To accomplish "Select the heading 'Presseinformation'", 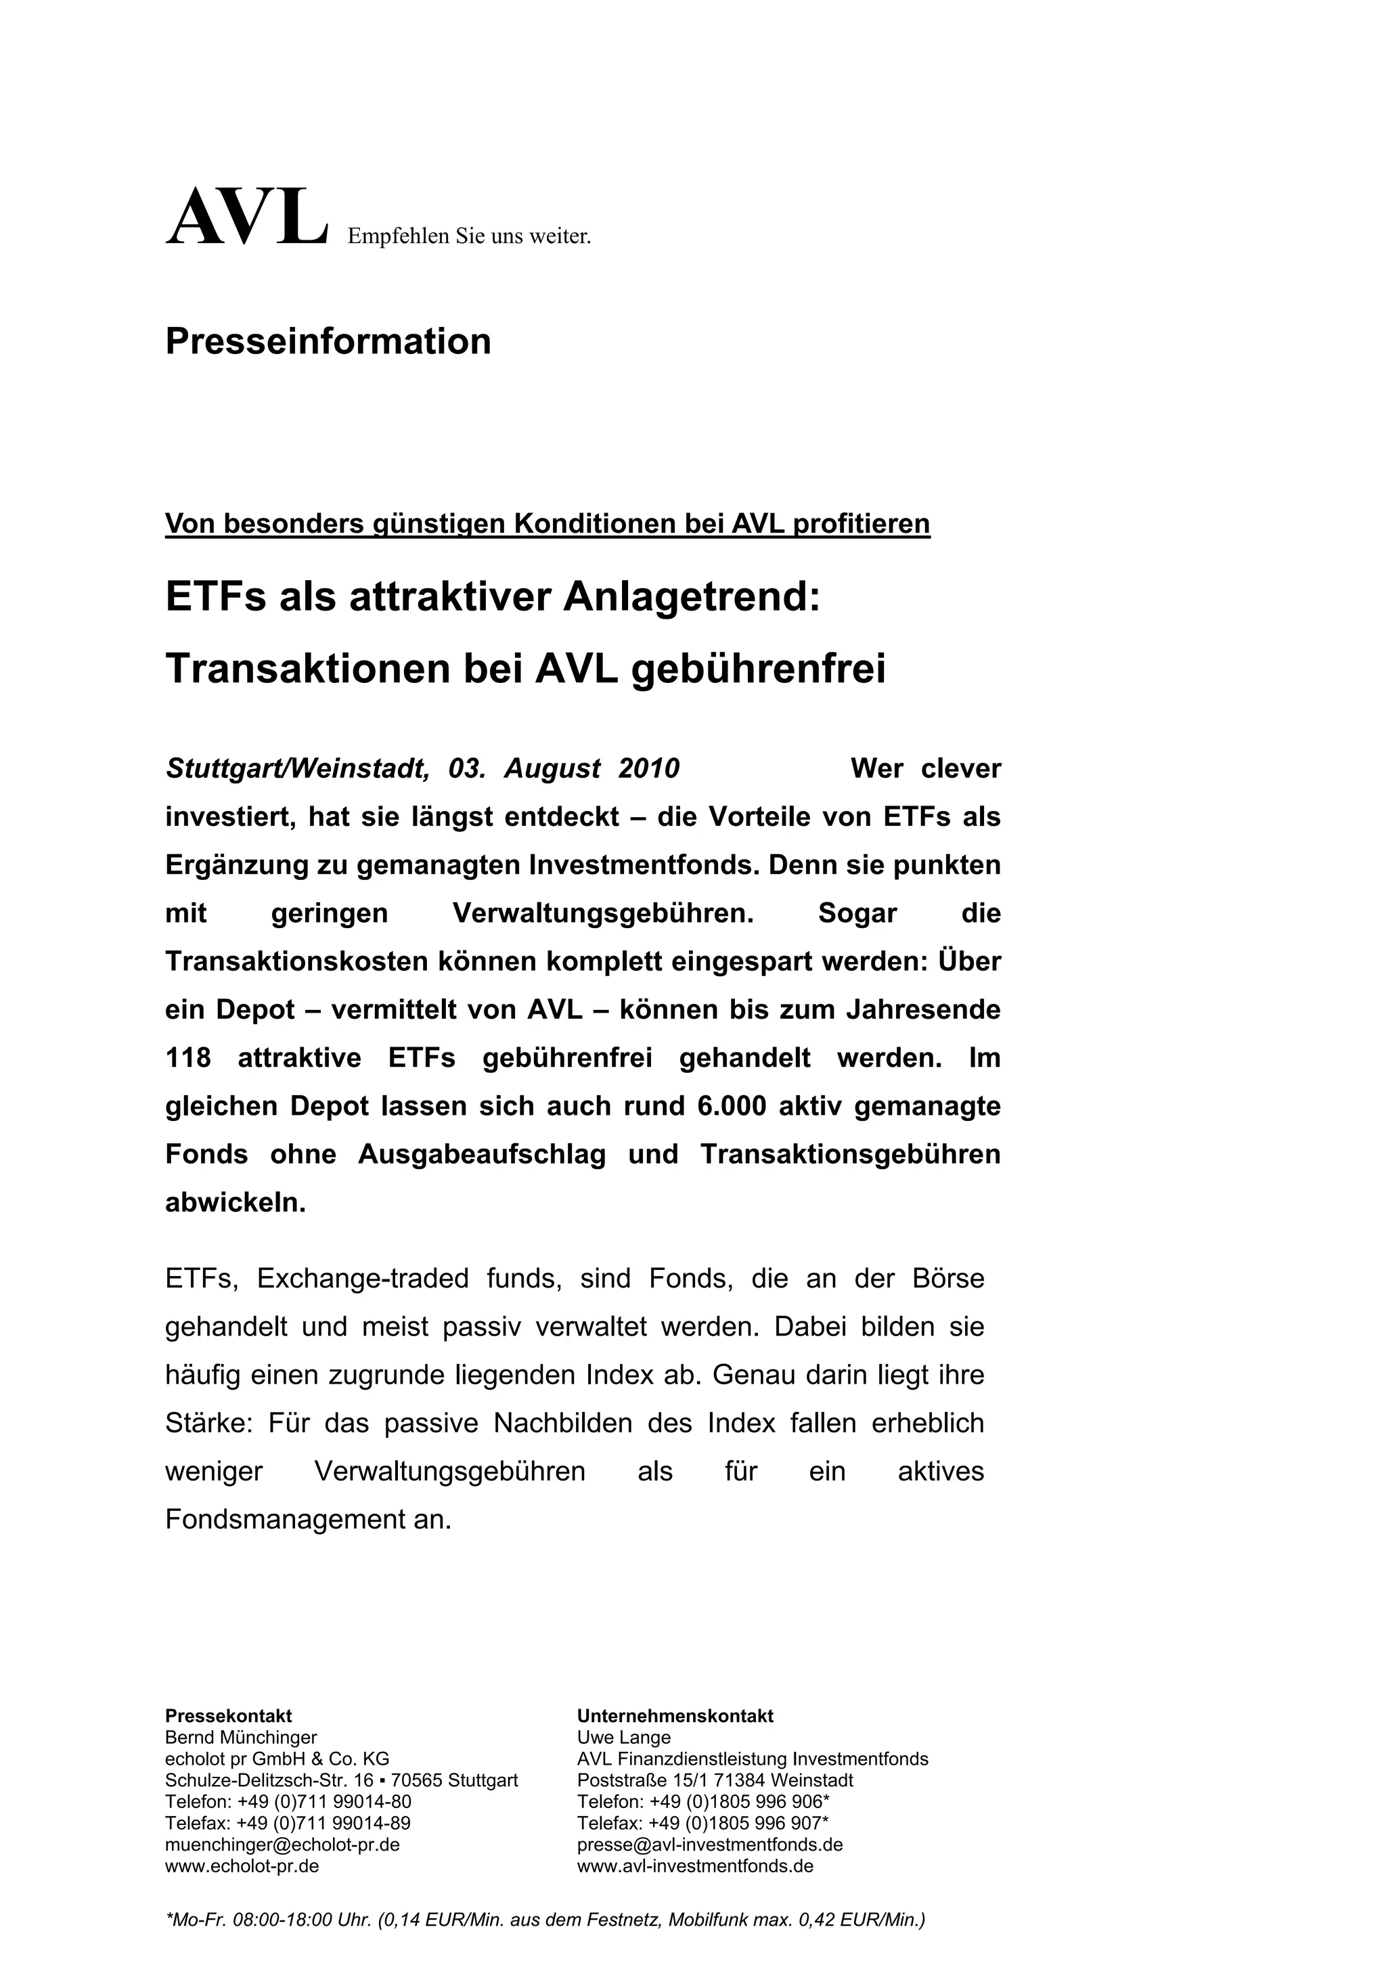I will pyautogui.click(x=328, y=342).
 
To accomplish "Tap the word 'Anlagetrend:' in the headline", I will pyautogui.click(x=691, y=596).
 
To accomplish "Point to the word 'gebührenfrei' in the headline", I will pyautogui.click(x=759, y=669).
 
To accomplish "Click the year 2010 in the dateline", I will pyautogui.click(x=649, y=769).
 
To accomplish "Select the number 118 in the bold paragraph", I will pyautogui.click(x=188, y=1058).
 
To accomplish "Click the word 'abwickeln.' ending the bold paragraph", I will pyautogui.click(x=236, y=1203).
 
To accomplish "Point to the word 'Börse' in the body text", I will pyautogui.click(x=948, y=1279).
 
